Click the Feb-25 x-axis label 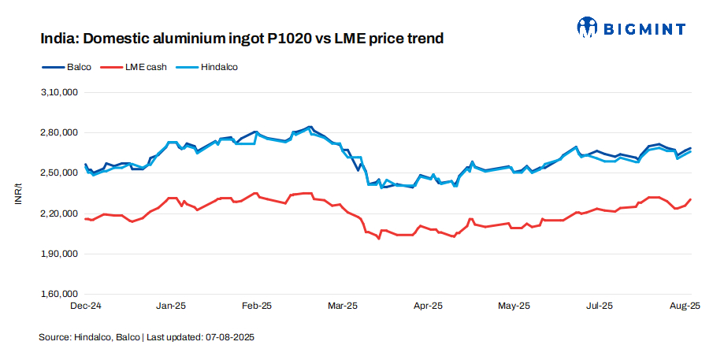click(257, 304)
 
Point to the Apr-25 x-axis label click(428, 304)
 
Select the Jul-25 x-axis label click(600, 304)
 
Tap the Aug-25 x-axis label click(685, 304)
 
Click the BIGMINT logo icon click(588, 28)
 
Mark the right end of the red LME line click(692, 199)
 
